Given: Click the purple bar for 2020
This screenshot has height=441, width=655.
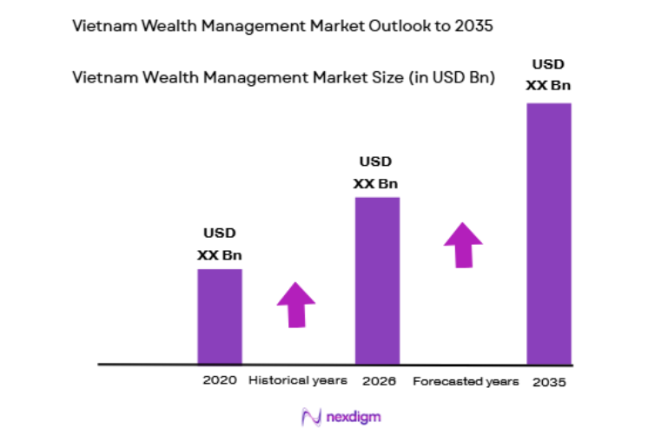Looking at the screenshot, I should (219, 316).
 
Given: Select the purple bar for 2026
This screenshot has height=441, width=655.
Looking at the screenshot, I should (377, 280).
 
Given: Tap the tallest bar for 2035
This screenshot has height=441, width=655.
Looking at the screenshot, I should (549, 234).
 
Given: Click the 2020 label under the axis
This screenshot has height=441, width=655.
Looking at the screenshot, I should (220, 380).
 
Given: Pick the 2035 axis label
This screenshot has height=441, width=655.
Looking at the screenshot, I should (549, 381).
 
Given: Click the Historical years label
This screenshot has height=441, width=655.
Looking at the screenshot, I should (298, 380).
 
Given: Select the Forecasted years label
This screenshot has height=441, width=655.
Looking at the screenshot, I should (466, 381).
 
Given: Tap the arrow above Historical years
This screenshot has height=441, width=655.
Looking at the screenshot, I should (296, 305).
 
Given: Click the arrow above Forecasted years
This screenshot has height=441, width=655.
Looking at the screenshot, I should (463, 245).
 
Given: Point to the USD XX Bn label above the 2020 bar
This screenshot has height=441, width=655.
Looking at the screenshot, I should (220, 244).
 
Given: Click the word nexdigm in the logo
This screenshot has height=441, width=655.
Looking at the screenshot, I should (352, 418).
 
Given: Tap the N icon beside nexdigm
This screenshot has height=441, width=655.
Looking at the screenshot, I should (310, 418).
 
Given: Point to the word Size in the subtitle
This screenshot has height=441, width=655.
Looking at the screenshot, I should (382, 77).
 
